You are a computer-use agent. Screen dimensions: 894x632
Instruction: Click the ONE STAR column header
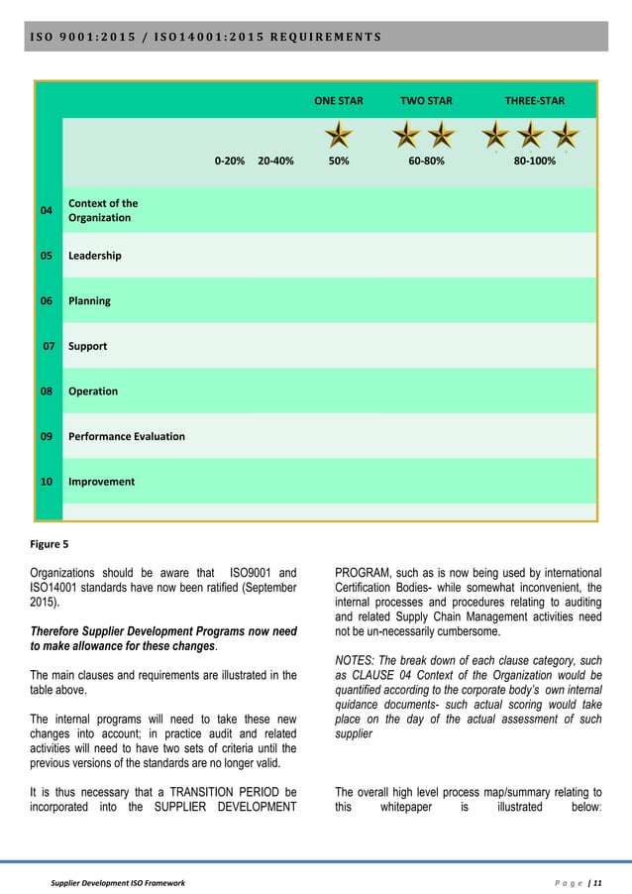tap(339, 101)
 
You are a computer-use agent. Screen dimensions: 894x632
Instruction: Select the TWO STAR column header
tap(426, 101)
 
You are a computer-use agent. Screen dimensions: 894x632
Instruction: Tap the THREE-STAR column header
tap(535, 101)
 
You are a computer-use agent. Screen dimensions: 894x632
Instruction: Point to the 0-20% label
tap(230, 161)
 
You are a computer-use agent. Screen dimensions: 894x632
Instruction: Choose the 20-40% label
tap(275, 161)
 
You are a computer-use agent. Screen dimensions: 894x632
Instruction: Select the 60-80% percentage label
tap(426, 161)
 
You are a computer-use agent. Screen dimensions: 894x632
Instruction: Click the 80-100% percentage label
tap(535, 161)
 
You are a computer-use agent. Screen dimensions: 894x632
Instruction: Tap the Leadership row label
tap(95, 256)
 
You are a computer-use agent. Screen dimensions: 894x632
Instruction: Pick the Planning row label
tap(89, 301)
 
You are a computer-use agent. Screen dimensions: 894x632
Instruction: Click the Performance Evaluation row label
tap(126, 436)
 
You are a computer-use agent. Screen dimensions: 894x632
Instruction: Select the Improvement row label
tap(102, 482)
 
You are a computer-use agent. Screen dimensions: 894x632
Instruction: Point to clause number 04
tap(47, 211)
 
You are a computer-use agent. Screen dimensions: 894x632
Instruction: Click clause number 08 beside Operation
tap(47, 391)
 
